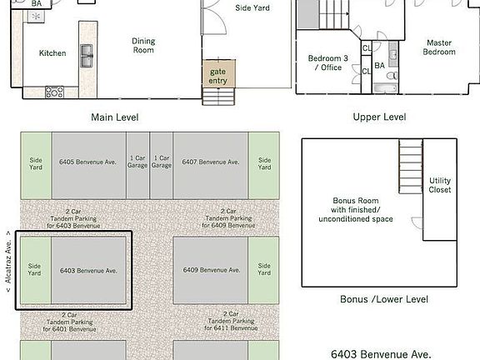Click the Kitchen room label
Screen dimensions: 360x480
(52, 53)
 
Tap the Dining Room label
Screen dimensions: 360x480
(144, 45)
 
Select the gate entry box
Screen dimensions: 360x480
(217, 76)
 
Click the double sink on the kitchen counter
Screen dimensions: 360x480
(87, 56)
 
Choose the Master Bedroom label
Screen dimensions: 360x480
(439, 47)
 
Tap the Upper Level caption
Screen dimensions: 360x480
(379, 117)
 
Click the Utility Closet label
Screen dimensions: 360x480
(440, 185)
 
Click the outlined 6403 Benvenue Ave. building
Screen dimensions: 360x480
(87, 270)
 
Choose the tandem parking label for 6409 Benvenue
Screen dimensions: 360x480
(226, 218)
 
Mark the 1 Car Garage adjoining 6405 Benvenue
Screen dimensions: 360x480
(137, 162)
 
